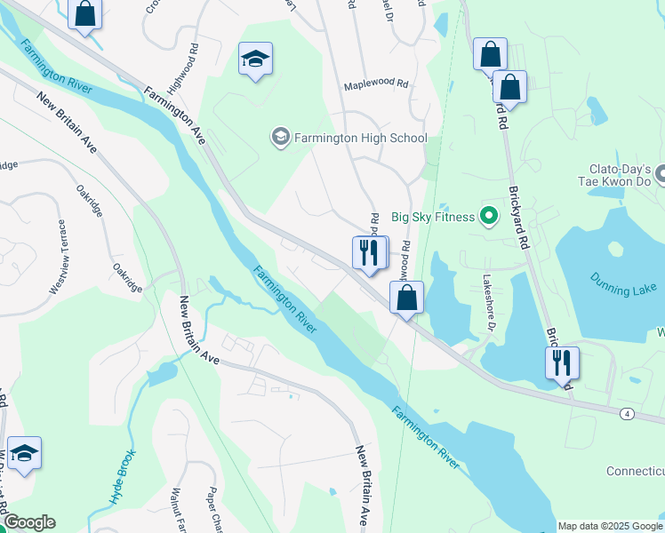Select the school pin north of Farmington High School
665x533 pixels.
click(x=255, y=60)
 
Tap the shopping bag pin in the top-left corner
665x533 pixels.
click(x=84, y=15)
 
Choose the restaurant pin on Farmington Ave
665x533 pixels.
click(x=369, y=252)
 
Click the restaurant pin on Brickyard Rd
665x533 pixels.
click(x=561, y=362)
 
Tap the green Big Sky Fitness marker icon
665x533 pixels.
click(x=488, y=215)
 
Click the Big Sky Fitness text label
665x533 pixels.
click(x=430, y=214)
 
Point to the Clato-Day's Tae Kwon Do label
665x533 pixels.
click(x=621, y=174)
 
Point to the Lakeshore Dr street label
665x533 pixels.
click(x=488, y=302)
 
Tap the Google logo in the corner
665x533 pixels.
click(x=29, y=522)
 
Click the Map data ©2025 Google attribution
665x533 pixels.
click(x=610, y=526)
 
